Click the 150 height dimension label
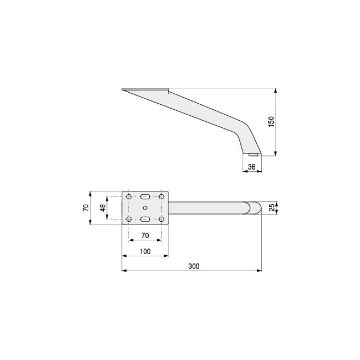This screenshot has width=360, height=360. pos(271,121)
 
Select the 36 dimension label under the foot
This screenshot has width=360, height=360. pos(251,167)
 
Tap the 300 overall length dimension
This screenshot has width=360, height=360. pos(193,266)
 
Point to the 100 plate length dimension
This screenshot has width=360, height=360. pos(145,251)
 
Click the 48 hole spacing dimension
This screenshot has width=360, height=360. pos(102,208)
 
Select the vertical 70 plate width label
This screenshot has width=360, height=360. pos(86,207)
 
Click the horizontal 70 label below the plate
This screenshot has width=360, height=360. pos(145,235)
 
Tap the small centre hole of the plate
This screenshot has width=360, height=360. pos(145,207)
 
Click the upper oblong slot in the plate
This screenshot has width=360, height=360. pos(145,196)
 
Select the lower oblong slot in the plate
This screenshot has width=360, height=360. pos(145,220)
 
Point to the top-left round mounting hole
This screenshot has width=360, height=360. pos(128,196)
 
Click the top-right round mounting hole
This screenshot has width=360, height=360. pos(161,196)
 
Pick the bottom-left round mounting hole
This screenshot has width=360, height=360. pos(128,220)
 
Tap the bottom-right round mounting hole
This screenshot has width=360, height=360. pos(161,220)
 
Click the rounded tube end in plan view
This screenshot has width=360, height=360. pos(254,208)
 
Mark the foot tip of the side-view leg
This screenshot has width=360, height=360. pos(252,155)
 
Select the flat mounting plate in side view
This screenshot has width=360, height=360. pos(144,89)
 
